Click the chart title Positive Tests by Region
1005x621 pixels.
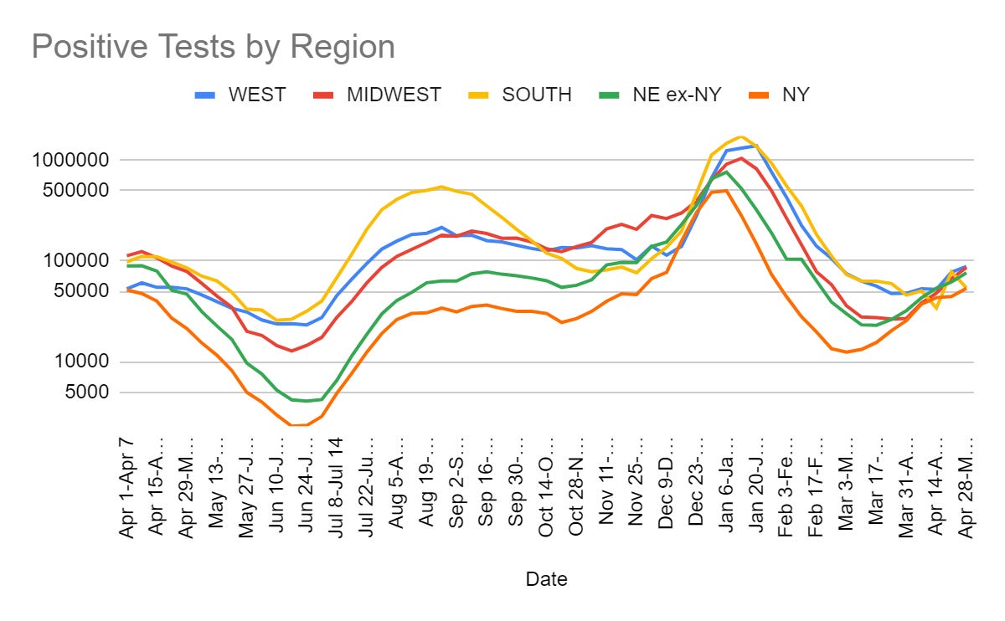pos(213,47)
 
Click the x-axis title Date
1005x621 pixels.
pos(546,578)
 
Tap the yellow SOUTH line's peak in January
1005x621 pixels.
pos(740,136)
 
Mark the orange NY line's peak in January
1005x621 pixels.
pos(726,190)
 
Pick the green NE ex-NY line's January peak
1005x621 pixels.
pos(726,172)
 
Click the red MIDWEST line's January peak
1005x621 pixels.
pos(741,157)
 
